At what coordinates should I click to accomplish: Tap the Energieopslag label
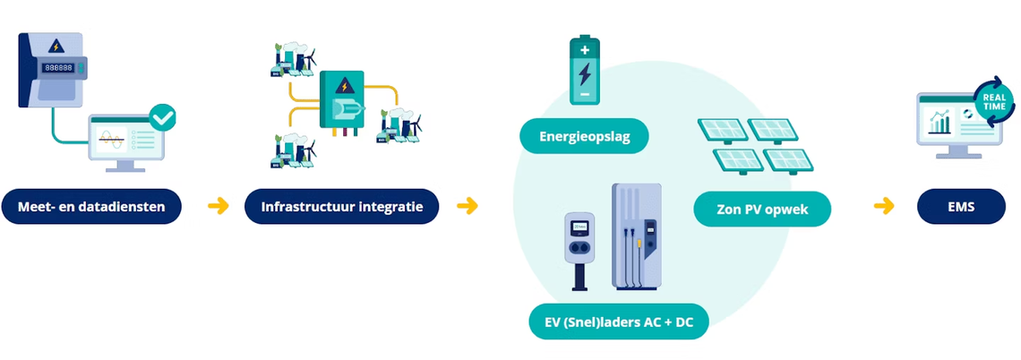584,138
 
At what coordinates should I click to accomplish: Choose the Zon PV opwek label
762,209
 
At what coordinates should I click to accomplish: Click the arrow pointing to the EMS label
884,207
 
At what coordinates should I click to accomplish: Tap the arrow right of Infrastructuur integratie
467,207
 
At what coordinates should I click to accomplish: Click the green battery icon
584,71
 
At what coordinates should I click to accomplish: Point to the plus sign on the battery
584,51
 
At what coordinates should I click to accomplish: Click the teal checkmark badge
163,116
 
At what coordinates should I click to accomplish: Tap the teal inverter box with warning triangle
344,101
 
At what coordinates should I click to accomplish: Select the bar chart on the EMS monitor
939,123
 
